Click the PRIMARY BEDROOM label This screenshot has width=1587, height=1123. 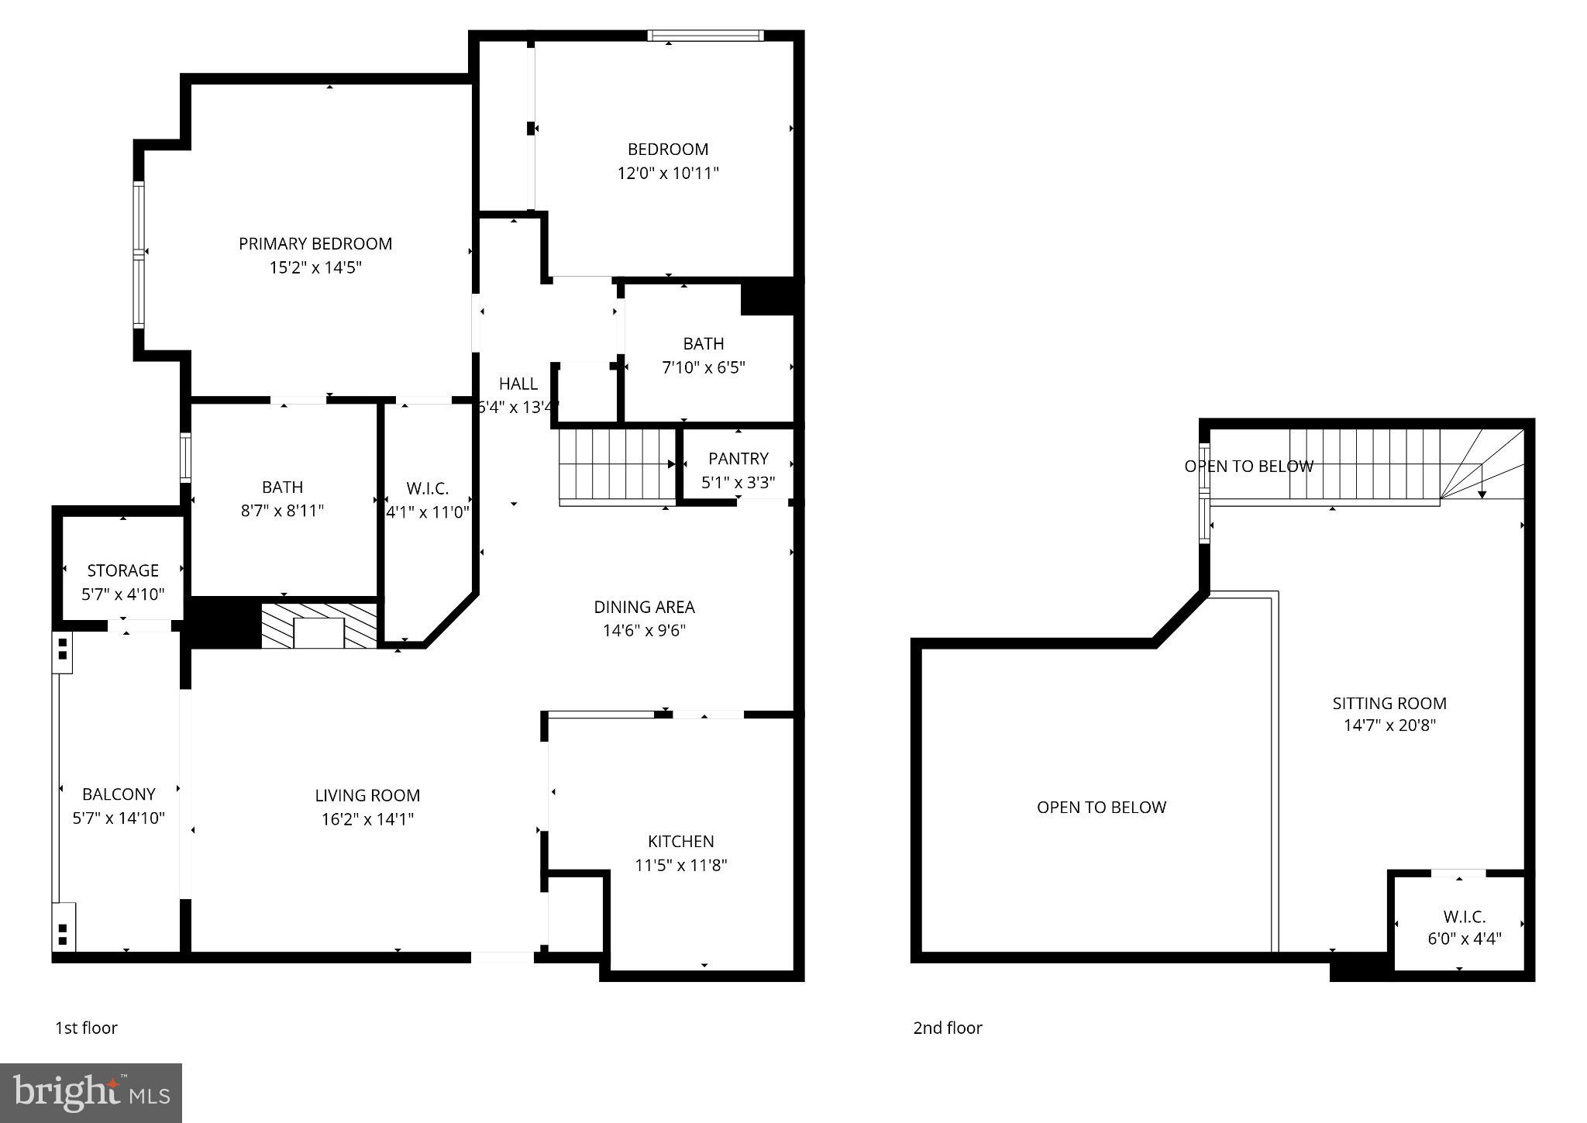315,243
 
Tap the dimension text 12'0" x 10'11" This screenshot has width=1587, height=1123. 667,173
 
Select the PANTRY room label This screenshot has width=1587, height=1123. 738,458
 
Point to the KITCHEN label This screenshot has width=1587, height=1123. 680,841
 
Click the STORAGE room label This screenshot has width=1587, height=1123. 122,570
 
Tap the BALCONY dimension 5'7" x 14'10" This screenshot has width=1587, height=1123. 119,818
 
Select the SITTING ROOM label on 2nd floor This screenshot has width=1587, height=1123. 1389,703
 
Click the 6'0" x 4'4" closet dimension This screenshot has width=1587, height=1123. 1464,939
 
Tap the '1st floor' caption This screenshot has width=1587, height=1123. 86,1028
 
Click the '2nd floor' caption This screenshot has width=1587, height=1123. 947,1028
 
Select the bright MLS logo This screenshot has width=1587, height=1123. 91,1093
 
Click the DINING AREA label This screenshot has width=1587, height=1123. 644,607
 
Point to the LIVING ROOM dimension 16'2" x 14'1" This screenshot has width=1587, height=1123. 367,819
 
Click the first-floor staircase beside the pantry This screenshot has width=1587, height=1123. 617,465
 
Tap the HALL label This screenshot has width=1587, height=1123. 518,384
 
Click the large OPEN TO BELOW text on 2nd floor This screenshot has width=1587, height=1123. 1100,807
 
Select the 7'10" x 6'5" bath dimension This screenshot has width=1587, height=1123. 703,367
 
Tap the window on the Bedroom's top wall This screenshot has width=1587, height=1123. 705,36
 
